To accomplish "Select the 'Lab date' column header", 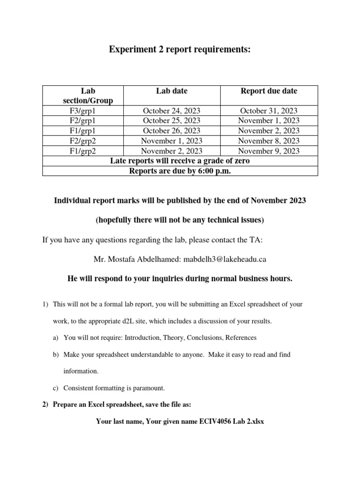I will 172,91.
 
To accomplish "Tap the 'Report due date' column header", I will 269,91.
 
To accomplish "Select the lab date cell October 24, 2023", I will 172,111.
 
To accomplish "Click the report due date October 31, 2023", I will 269,111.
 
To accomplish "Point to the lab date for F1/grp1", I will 172,131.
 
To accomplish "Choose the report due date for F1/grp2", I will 269,150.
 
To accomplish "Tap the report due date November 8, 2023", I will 269,141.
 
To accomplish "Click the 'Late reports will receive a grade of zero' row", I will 180,161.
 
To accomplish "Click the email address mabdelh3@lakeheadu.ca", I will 225,259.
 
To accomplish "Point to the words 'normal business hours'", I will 251,279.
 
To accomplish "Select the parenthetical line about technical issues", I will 180,220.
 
